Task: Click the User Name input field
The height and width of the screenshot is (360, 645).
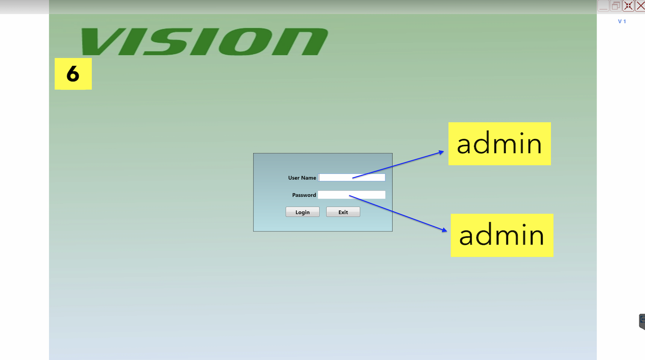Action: [x=352, y=178]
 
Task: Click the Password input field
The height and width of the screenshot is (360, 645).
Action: [x=352, y=195]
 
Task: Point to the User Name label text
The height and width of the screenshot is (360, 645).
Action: [x=302, y=178]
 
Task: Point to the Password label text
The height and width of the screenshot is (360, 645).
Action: [x=304, y=195]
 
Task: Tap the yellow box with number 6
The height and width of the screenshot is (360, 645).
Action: [x=73, y=74]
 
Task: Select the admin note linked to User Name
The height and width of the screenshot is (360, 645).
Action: [x=499, y=144]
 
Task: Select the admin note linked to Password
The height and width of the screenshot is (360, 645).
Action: [x=502, y=235]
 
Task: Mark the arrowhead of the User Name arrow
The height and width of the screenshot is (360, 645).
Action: [x=442, y=152]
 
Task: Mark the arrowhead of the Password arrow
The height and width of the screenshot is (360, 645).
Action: [x=445, y=230]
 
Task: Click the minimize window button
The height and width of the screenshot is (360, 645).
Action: [x=603, y=6]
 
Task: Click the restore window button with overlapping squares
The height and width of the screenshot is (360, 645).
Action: [x=615, y=6]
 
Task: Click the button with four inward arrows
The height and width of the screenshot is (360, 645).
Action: [x=628, y=6]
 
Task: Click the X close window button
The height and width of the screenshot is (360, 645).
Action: [x=640, y=6]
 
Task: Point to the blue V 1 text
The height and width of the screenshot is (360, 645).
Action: [x=622, y=21]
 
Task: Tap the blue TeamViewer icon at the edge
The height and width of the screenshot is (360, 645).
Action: [x=642, y=321]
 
